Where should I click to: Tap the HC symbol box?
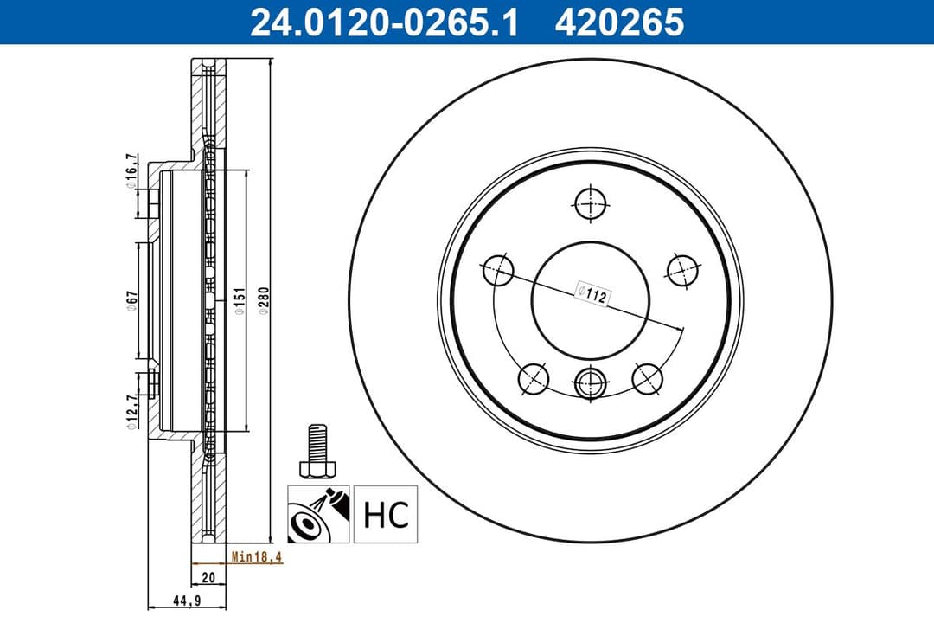[385, 515]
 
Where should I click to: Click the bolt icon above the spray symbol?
[317, 450]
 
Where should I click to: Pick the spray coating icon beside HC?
[318, 515]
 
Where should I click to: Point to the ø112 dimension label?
[594, 293]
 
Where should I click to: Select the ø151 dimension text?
[240, 299]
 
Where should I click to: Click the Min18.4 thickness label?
[256, 558]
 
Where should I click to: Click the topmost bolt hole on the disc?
[591, 203]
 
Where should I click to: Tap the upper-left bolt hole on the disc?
[497, 271]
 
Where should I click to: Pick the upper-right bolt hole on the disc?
[681, 271]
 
